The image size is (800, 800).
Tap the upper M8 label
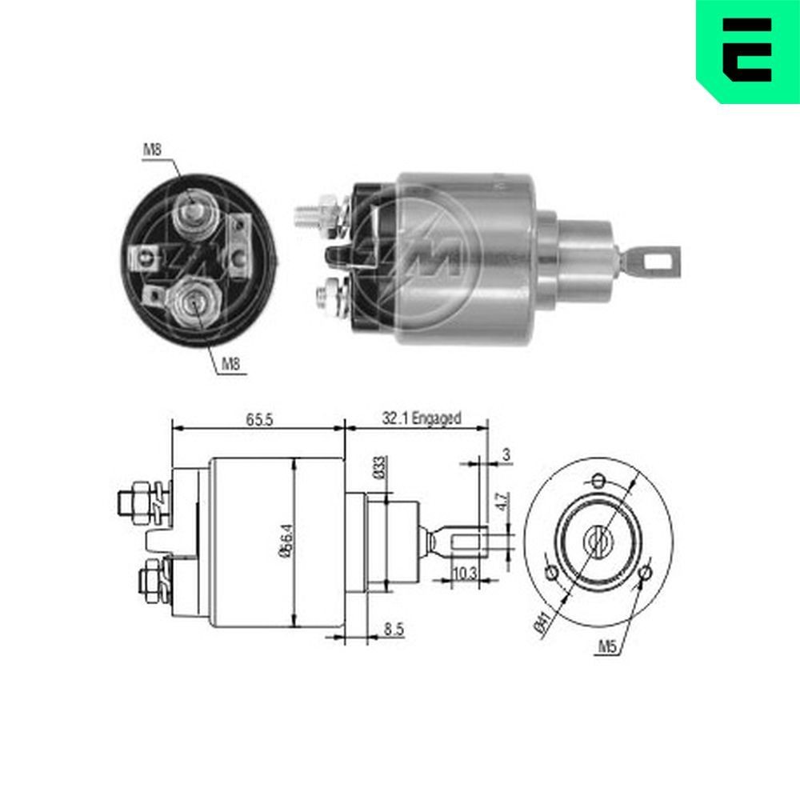153,148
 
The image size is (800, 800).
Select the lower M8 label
231,366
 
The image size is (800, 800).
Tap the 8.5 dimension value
393,630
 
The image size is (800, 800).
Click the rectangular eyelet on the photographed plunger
655,258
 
